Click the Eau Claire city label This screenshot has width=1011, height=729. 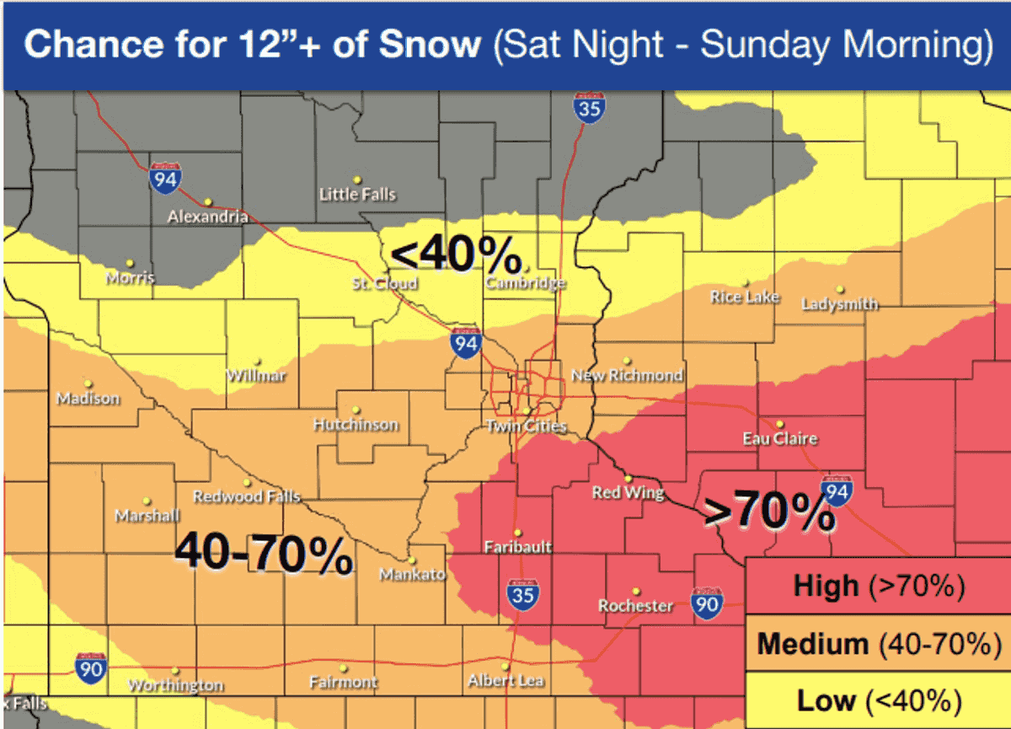[779, 438]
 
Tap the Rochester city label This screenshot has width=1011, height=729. [635, 606]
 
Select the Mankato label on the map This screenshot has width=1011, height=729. [411, 575]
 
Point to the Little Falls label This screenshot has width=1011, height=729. [357, 195]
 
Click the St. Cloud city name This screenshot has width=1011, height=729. [384, 284]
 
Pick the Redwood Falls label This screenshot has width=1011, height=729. [246, 496]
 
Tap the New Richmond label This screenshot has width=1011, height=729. [627, 375]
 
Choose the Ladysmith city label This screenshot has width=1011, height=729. [839, 303]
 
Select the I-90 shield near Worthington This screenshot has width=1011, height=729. [90, 667]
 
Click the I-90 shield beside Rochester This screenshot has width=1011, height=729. [706, 602]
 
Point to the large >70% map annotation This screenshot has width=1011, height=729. [769, 512]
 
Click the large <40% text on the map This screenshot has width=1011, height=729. [455, 255]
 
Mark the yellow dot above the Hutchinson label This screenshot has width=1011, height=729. [356, 410]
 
